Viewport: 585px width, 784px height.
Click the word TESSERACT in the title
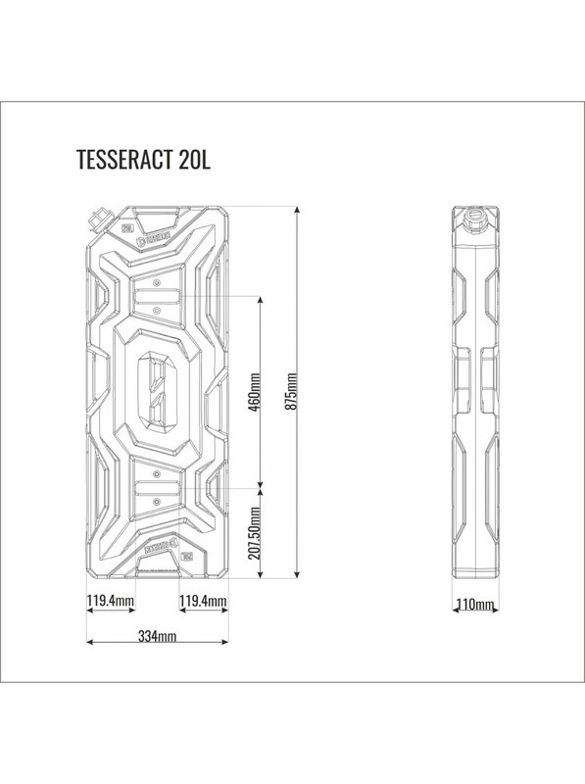[124, 162]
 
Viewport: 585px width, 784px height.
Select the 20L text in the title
[194, 162]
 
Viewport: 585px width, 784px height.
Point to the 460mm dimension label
[255, 392]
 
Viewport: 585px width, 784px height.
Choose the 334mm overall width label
[157, 636]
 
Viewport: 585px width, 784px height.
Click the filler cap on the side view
[474, 212]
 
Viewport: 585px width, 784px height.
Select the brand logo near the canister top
[157, 236]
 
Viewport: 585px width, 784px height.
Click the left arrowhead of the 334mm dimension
[89, 643]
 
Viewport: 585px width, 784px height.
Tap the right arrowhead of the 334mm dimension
[226, 643]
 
